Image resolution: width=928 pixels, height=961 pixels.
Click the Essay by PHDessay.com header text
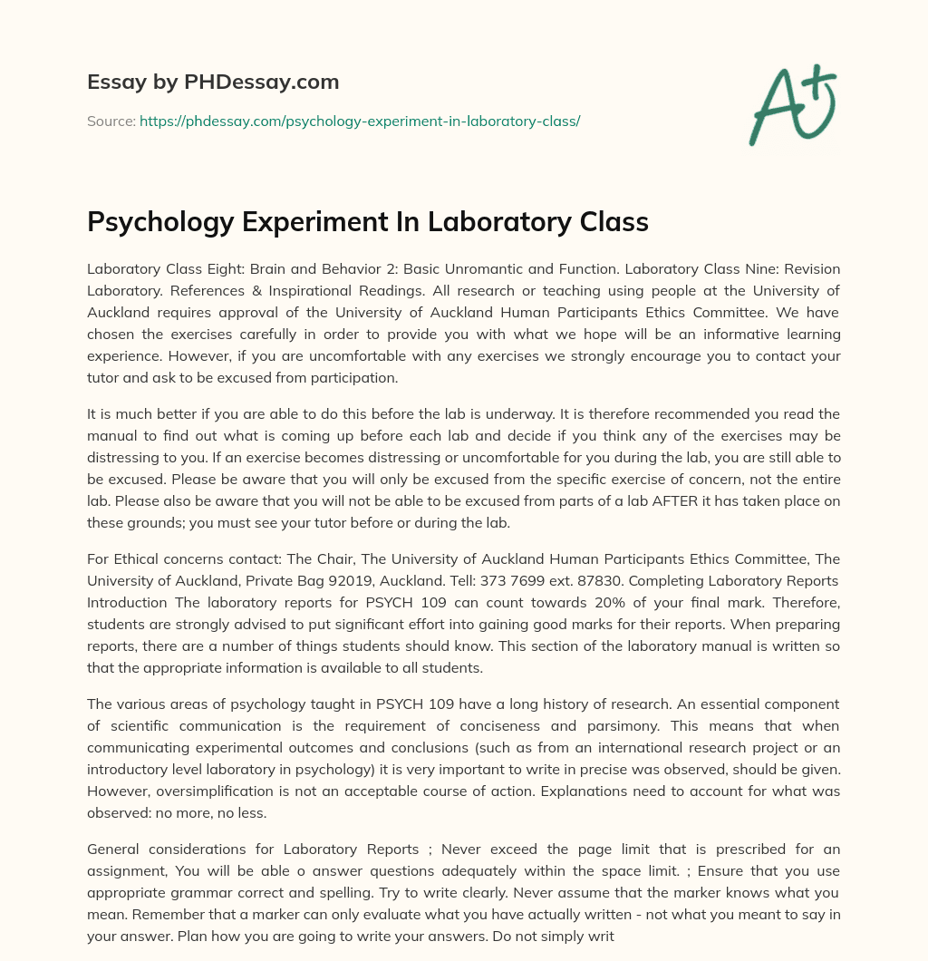pos(213,83)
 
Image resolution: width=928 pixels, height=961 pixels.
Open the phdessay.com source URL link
pos(360,121)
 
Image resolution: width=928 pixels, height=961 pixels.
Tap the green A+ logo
pos(792,104)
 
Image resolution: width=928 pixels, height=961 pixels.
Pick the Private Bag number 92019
pos(355,580)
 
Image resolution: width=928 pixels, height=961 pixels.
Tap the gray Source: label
pos(111,121)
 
